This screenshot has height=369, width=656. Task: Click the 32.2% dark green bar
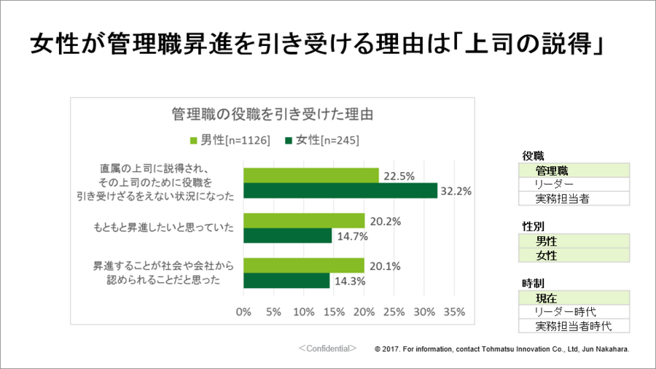click(340, 191)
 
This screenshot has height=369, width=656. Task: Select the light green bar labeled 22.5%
click(311, 176)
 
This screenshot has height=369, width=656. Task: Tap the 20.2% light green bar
click(303, 220)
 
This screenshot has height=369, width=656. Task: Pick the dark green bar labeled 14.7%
click(287, 236)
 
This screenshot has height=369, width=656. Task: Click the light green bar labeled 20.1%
click(303, 265)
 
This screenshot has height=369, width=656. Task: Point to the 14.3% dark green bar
click(286, 281)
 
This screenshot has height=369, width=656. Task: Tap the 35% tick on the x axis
click(454, 311)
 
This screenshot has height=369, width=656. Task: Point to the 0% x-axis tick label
click(243, 311)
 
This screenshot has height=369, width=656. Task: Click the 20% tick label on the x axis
click(364, 311)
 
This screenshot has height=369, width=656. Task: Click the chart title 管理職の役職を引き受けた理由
click(273, 114)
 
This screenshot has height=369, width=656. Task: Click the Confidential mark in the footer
click(327, 349)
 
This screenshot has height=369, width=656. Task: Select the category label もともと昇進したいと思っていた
click(163, 228)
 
